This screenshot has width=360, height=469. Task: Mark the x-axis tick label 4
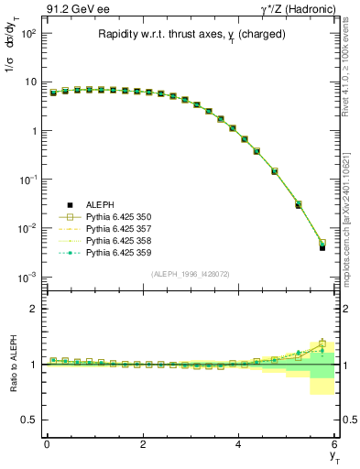[238, 444]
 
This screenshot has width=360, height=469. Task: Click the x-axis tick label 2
[143, 444]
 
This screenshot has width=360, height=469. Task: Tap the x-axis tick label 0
[47, 444]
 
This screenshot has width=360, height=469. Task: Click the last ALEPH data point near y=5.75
[322, 247]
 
